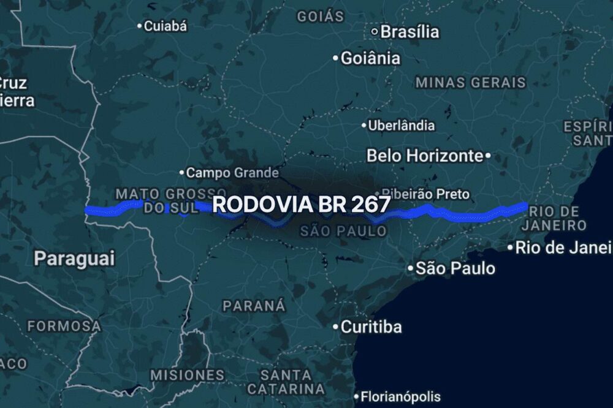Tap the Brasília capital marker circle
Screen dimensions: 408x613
(375, 31)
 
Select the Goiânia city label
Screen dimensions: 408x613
(370, 58)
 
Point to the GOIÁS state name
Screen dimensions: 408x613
(321, 17)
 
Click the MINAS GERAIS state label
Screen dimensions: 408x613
(470, 82)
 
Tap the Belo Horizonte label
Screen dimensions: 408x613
(424, 156)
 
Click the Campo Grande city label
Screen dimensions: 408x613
(232, 173)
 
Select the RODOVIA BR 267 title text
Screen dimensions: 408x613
(301, 205)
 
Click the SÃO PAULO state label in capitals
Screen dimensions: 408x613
(343, 231)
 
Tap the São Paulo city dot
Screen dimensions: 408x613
(411, 268)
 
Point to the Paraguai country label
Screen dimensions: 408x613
(74, 258)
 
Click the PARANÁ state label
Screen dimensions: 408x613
(254, 305)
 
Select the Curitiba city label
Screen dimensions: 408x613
(371, 327)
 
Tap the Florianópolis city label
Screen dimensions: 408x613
(400, 396)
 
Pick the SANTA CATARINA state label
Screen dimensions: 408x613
(286, 381)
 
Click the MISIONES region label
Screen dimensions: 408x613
(188, 374)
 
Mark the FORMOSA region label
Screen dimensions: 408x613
(64, 326)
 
